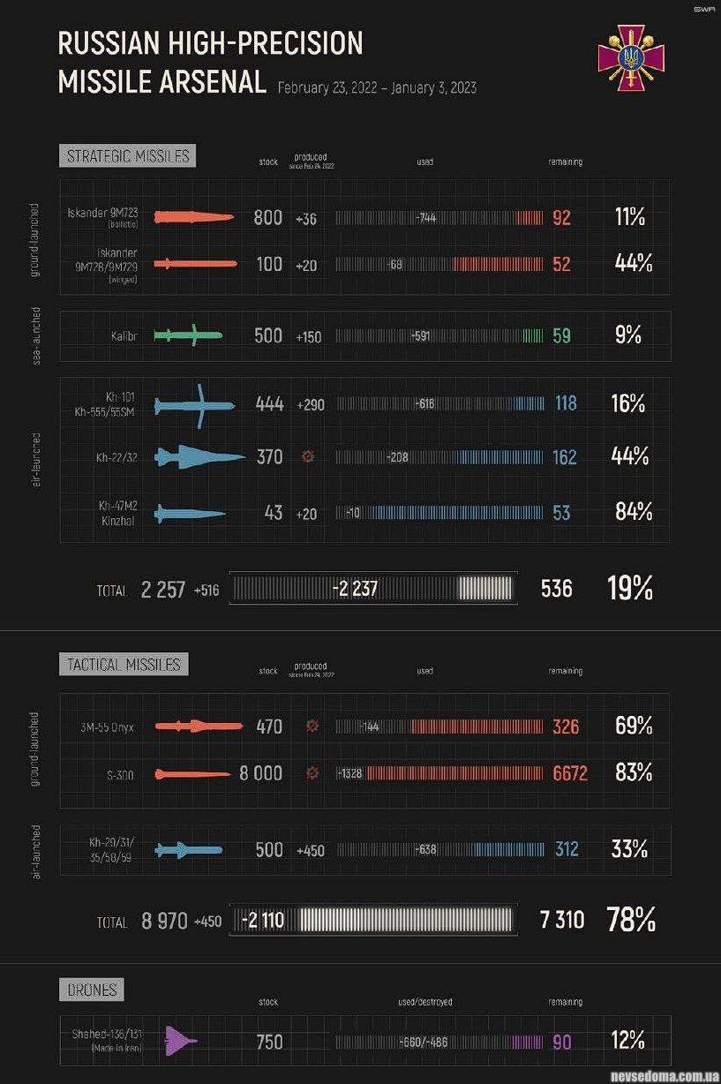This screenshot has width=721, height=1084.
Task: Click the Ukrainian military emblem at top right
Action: pos(630,60)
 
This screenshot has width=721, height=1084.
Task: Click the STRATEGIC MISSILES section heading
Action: pos(128,156)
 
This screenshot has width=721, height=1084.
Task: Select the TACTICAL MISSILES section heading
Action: pos(124,664)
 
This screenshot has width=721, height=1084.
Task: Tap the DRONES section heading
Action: pos(92,990)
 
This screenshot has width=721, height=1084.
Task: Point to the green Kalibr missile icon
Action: pos(187,335)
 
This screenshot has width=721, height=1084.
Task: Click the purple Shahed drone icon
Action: pos(181,1042)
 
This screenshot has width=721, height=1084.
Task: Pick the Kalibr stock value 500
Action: pos(268,335)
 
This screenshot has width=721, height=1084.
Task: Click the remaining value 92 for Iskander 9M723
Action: pos(561,218)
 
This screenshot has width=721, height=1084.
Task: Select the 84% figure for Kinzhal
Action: pos(633,511)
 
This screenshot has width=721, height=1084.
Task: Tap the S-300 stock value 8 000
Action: pos(260,773)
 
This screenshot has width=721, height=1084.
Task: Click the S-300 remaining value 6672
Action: pos(569,774)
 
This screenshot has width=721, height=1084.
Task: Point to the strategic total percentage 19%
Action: pos(630,589)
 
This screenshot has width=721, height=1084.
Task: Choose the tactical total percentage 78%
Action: pos(630,920)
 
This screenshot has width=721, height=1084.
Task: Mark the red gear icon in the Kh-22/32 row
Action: pos(308,457)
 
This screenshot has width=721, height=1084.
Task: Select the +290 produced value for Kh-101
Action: pos(311,404)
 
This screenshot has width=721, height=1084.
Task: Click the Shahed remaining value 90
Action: pos(561,1043)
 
